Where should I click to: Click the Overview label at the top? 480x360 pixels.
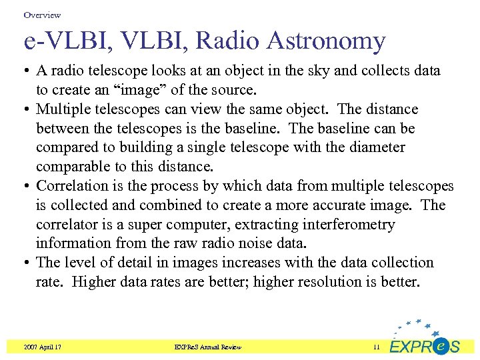(x=41, y=15)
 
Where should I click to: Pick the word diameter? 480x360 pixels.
(x=375, y=147)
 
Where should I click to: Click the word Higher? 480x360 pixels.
(x=94, y=282)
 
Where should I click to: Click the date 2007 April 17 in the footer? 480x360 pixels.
(x=41, y=347)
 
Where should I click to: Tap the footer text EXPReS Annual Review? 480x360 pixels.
(x=207, y=347)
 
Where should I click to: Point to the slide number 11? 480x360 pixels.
(x=377, y=347)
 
